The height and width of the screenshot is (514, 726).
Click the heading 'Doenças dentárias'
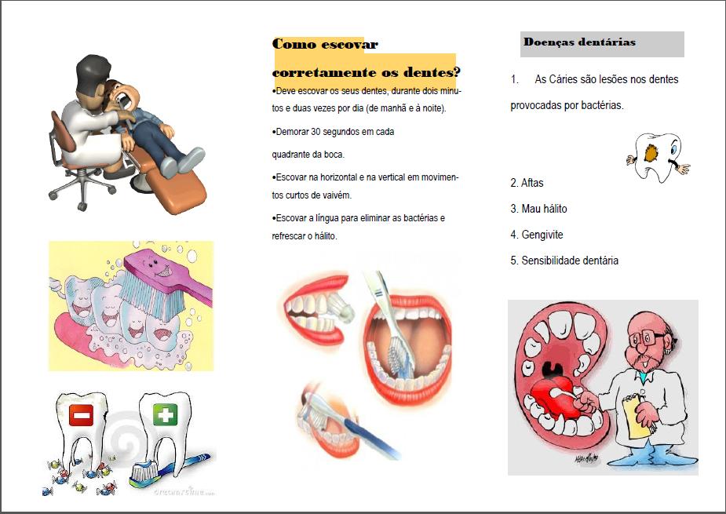(579, 42)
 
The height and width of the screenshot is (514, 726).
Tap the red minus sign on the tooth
(81, 414)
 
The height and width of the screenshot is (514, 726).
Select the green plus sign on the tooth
(165, 414)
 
